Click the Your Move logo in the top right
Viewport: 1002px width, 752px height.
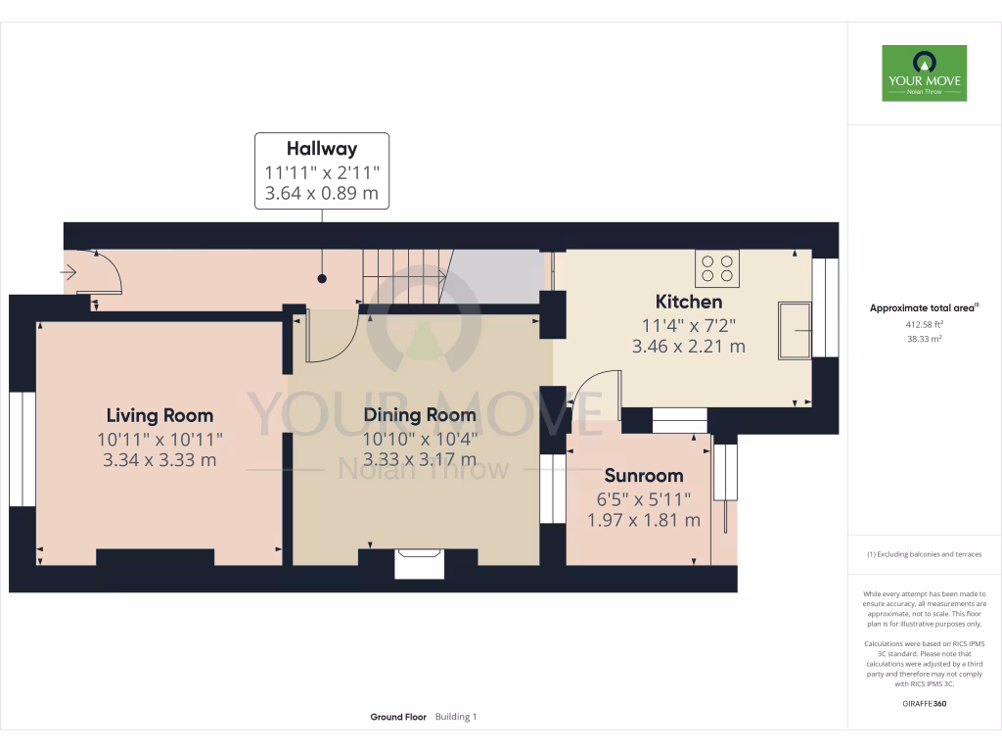[x=924, y=72]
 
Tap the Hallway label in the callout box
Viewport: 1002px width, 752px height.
[x=322, y=149]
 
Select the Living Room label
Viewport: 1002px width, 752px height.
[x=159, y=415]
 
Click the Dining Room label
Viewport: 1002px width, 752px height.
[x=420, y=415]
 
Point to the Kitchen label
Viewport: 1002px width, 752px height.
[x=689, y=302]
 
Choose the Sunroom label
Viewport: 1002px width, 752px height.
[x=643, y=476]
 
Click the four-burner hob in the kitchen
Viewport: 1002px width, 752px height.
[x=717, y=268]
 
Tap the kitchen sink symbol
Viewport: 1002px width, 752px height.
[x=795, y=330]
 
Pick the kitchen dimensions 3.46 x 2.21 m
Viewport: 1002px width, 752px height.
[x=689, y=346]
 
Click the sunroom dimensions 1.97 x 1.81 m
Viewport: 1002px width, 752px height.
[x=643, y=520]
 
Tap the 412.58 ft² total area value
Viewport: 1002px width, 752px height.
[x=924, y=324]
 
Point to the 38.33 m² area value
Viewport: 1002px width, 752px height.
[x=924, y=340]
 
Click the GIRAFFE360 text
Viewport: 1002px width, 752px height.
[x=924, y=704]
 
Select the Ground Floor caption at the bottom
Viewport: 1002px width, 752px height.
[x=398, y=717]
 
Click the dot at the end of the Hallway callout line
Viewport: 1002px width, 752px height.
[x=322, y=278]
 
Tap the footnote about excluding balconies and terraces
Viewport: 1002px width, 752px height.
[x=924, y=554]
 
